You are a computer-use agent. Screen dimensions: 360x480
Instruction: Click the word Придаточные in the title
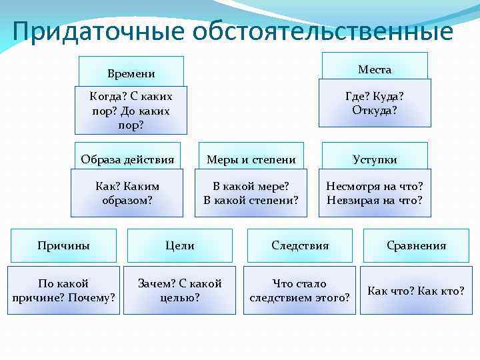click(x=99, y=31)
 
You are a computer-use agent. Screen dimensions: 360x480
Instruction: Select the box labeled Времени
click(x=131, y=72)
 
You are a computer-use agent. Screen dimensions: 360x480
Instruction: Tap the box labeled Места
click(x=375, y=69)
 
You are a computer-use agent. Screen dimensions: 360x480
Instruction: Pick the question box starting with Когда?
click(x=131, y=110)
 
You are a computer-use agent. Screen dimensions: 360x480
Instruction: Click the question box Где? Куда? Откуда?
click(x=375, y=103)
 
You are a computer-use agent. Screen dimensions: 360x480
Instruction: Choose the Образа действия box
click(x=127, y=159)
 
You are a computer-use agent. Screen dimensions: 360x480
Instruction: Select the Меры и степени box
click(x=251, y=159)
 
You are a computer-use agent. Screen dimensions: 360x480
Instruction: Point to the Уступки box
click(x=375, y=159)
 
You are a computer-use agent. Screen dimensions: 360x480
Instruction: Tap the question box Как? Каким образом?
click(x=127, y=192)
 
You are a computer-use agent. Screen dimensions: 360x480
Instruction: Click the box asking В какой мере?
click(x=251, y=192)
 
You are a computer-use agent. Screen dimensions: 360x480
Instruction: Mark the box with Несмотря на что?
click(x=375, y=192)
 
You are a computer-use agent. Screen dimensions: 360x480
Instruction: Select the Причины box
click(x=63, y=245)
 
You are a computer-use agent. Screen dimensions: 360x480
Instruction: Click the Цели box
click(x=180, y=245)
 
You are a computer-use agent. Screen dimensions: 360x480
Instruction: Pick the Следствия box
click(x=300, y=245)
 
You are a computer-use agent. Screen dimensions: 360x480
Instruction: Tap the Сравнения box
click(x=416, y=245)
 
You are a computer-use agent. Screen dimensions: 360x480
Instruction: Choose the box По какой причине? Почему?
click(x=63, y=290)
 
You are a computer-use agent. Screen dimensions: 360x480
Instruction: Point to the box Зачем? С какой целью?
click(x=180, y=290)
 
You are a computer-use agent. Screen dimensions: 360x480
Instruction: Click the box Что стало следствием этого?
click(x=300, y=290)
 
